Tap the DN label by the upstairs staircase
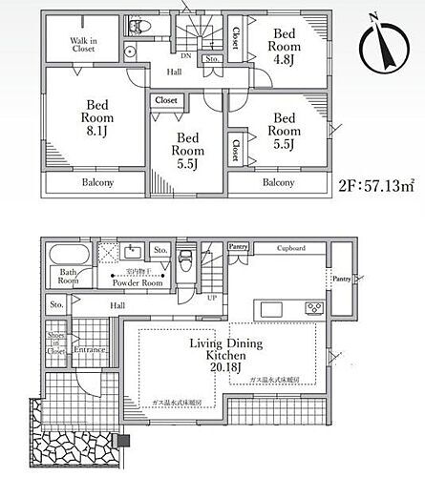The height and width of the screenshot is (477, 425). [188, 56]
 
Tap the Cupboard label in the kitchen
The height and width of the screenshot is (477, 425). [291, 248]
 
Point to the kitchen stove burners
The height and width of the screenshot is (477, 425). [312, 307]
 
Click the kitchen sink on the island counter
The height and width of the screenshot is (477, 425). [267, 307]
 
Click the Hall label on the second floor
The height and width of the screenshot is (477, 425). [175, 72]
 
